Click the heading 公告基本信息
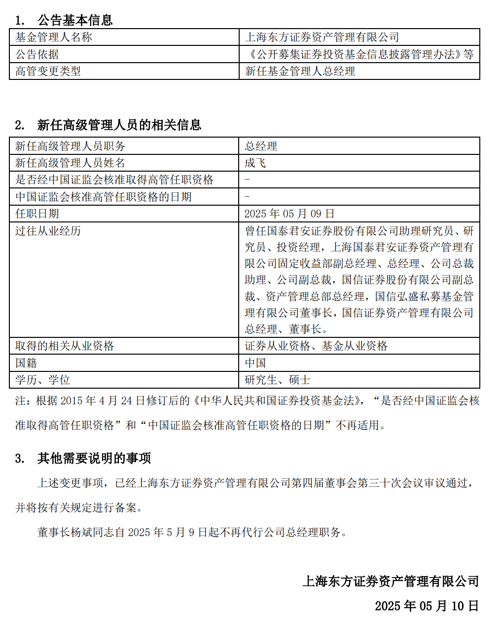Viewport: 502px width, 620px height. pos(75,20)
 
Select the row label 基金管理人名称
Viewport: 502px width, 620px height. pos(53,37)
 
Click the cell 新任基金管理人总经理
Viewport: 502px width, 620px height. pos(300,72)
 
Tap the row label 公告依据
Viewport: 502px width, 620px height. pos(37,54)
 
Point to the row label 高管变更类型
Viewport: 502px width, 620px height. pos(48,72)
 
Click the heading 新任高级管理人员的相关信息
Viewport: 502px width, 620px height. pos(119,125)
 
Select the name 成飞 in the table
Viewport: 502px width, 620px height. pos(255,163)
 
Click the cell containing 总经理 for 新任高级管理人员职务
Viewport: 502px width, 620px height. pos(261,146)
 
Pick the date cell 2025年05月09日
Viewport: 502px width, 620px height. pos(289,214)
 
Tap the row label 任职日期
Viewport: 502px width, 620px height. pos(37,214)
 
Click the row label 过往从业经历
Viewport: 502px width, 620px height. pos(48,231)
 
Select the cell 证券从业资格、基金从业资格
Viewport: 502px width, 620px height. pos(316,346)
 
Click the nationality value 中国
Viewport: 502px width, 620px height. pos(255,363)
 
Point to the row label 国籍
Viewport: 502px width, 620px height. pos(26,363)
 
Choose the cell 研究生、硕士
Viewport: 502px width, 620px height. pos(277,380)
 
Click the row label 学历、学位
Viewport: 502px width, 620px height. pos(42,380)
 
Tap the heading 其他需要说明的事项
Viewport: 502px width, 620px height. pos(94,458)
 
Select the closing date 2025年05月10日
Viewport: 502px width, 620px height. pos(427,606)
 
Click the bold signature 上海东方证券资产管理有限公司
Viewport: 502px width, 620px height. pos(391,582)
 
